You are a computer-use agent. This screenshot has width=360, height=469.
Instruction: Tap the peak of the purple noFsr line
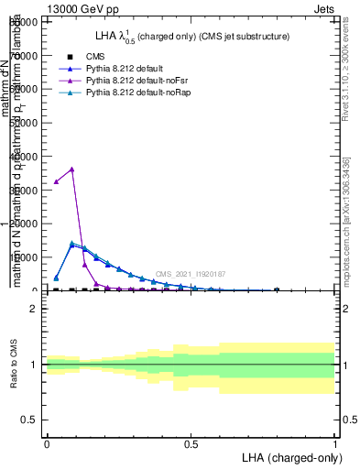(x=71, y=169)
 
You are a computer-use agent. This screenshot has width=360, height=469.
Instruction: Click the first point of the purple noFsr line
(x=57, y=181)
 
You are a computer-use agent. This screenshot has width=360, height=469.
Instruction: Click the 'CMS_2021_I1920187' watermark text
(x=191, y=274)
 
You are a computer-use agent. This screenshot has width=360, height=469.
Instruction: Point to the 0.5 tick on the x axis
(x=191, y=444)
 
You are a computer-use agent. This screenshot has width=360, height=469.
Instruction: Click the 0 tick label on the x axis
(x=47, y=444)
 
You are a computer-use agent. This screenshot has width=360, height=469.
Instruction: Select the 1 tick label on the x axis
(x=336, y=444)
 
